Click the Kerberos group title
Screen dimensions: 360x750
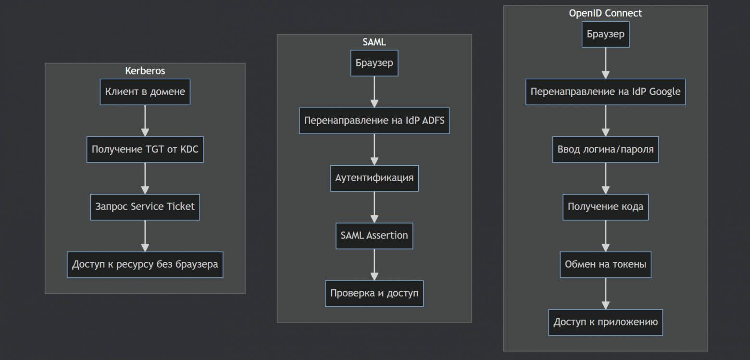click(x=145, y=71)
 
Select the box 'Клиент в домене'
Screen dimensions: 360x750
click(x=145, y=92)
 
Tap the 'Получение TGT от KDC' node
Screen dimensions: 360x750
click(x=145, y=149)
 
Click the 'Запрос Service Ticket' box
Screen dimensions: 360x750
click(x=145, y=207)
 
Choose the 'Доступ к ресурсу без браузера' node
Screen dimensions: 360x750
click(x=145, y=264)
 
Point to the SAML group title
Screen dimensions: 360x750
click(x=374, y=42)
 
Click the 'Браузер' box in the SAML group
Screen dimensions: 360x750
click(x=374, y=63)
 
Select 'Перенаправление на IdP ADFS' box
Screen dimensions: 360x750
click(x=374, y=121)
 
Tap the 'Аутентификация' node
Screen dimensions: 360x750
click(x=374, y=178)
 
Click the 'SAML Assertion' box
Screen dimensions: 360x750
click(x=374, y=236)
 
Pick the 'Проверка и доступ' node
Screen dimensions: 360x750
click(x=374, y=293)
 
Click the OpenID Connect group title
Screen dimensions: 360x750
click(x=605, y=13)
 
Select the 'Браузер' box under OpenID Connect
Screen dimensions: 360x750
click(x=605, y=34)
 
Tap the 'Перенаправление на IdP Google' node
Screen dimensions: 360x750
click(x=605, y=92)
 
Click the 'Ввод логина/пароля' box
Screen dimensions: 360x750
click(x=605, y=149)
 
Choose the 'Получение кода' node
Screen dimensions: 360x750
click(x=605, y=207)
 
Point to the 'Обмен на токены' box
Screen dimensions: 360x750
click(x=605, y=264)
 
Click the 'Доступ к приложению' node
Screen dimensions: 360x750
click(x=605, y=322)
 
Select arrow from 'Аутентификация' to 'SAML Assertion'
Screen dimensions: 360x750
click(x=374, y=207)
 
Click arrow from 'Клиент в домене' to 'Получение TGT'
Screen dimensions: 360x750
click(x=145, y=121)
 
